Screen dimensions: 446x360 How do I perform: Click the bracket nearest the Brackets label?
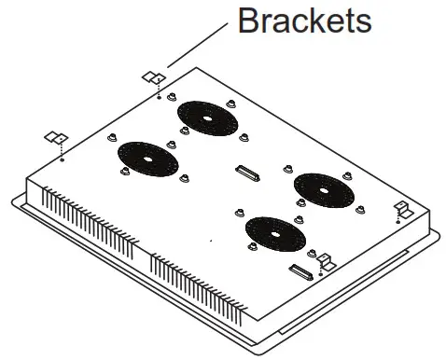click(x=153, y=76)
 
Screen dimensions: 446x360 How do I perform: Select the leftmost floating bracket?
click(x=56, y=139)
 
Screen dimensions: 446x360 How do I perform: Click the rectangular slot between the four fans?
click(x=249, y=173)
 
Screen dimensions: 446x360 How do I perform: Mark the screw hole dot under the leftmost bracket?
click(x=61, y=159)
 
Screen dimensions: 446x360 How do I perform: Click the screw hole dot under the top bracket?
click(x=160, y=95)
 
